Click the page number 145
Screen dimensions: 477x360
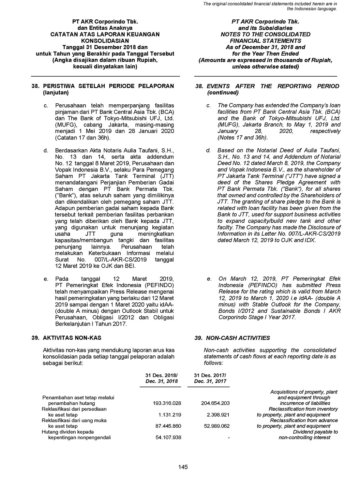coord(183,467)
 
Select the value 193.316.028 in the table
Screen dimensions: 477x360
coord(167,403)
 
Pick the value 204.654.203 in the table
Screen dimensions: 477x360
coord(215,403)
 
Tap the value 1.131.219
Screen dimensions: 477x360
coord(169,415)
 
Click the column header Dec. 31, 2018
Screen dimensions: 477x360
coord(162,381)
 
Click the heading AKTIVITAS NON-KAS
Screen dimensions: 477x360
coord(71,338)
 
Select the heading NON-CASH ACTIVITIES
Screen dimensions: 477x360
coord(237,338)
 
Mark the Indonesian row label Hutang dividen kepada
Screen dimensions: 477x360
coord(63,432)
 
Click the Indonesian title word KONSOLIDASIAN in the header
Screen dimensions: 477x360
coord(105,41)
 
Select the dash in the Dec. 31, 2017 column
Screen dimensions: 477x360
coord(228,437)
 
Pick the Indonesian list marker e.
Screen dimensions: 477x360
coord(46,279)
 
